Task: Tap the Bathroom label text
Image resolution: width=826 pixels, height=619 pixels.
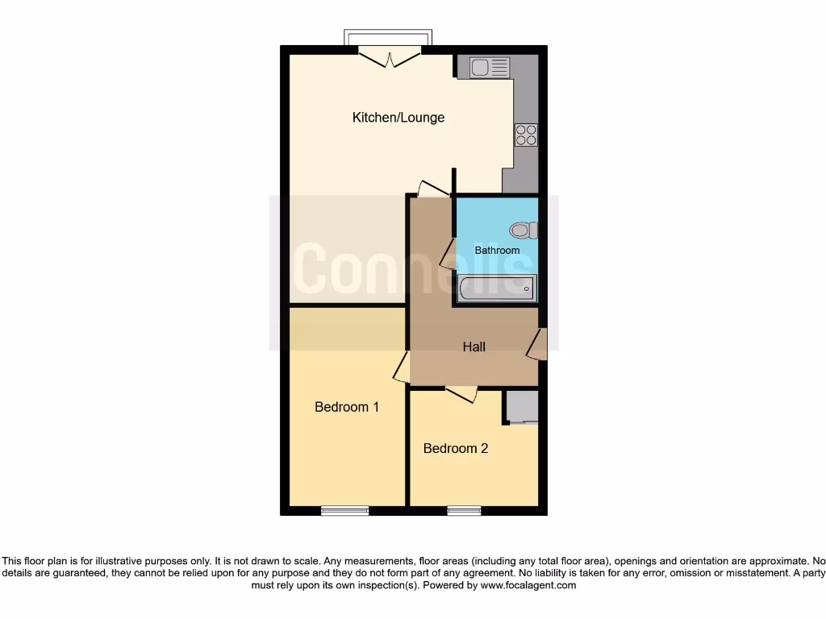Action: (497, 251)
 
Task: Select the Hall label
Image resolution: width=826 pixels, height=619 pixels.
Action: (474, 347)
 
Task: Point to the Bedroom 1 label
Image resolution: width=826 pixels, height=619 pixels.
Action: (347, 407)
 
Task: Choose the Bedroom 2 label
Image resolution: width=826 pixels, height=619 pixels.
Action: (456, 448)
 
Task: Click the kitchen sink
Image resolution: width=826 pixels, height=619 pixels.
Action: (483, 67)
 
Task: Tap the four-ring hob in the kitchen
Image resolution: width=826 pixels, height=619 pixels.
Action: (527, 135)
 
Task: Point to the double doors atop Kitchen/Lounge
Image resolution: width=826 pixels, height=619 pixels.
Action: (390, 57)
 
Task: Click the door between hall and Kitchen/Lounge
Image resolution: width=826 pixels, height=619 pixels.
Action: (433, 188)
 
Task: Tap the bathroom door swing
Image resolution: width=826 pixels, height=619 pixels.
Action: (446, 253)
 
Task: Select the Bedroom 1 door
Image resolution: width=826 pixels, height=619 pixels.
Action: (402, 366)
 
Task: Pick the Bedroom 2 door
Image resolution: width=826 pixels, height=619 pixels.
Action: (461, 393)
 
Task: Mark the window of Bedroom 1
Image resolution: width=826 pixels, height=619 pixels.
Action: (344, 510)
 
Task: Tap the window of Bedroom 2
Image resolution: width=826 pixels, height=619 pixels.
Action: (464, 510)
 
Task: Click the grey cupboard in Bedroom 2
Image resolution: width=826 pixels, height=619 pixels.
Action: (522, 406)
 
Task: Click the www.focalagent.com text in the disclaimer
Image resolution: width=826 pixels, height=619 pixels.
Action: (528, 585)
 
